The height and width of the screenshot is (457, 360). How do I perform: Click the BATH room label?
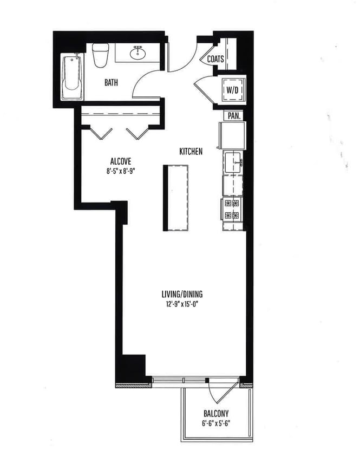pyautogui.click(x=111, y=83)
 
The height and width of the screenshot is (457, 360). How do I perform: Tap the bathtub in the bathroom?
pyautogui.click(x=72, y=77)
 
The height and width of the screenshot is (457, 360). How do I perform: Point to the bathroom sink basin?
pyautogui.click(x=138, y=52)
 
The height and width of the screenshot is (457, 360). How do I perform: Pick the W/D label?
pyautogui.click(x=233, y=89)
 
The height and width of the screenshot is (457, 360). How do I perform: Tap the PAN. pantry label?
pyautogui.click(x=234, y=116)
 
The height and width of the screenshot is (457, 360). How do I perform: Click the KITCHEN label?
pyautogui.click(x=191, y=152)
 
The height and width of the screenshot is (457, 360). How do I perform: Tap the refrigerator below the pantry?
pyautogui.click(x=232, y=135)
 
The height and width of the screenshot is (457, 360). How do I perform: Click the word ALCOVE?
pyautogui.click(x=120, y=161)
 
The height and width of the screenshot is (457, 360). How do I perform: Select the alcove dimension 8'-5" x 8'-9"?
pyautogui.click(x=120, y=170)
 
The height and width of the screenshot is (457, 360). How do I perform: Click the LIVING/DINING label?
pyautogui.click(x=182, y=294)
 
